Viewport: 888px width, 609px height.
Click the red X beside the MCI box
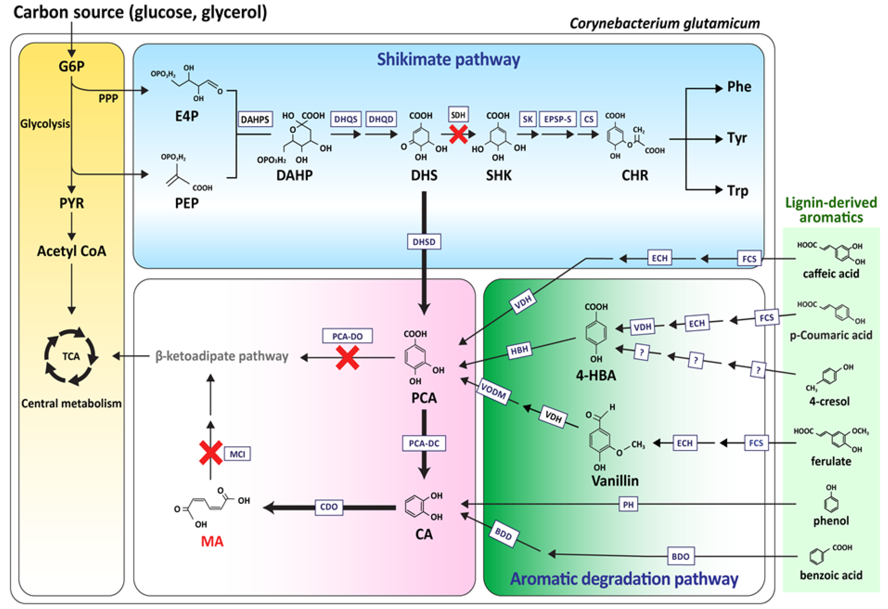click(x=211, y=453)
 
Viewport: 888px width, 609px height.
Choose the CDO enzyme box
click(x=329, y=507)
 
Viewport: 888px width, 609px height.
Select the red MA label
click(x=212, y=541)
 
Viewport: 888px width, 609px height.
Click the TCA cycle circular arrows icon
click(x=71, y=356)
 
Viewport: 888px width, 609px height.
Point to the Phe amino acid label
click(x=739, y=87)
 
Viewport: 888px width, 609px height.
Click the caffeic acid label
click(x=831, y=274)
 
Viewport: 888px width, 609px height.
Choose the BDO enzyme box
click(x=681, y=556)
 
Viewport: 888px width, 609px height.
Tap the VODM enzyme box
click(x=493, y=392)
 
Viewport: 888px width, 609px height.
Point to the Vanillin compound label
click(x=615, y=481)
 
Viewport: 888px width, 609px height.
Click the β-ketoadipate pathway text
click(x=222, y=356)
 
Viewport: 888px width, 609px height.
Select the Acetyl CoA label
click(x=72, y=251)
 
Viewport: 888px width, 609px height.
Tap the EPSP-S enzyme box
click(x=558, y=119)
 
